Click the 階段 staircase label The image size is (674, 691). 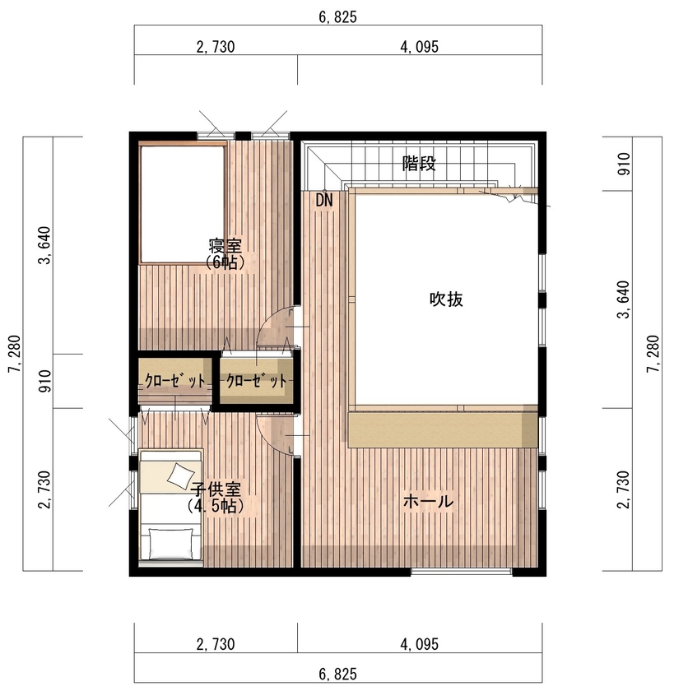coord(419,163)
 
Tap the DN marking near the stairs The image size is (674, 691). coord(323,200)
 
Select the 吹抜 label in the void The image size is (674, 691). coord(446,299)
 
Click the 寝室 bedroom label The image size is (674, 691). coord(224,245)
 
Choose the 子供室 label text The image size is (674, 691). coord(215,490)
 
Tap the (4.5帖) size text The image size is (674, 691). coord(215,506)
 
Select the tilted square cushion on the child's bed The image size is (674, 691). coord(178,475)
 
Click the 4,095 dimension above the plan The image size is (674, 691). coord(419,47)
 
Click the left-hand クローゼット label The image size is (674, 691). coord(174,381)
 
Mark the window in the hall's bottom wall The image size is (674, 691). coord(462,572)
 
